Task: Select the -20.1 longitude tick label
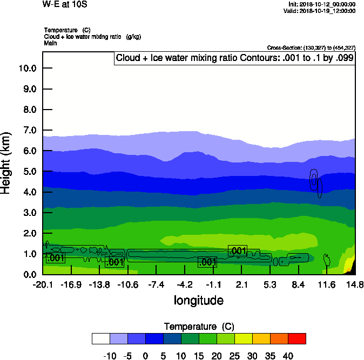[x=43, y=284]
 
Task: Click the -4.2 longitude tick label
[x=185, y=284]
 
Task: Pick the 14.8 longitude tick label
[x=354, y=284]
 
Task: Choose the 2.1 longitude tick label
[x=241, y=284]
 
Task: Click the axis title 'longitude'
[x=198, y=300]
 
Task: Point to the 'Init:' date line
[x=322, y=4]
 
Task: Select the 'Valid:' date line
[x=321, y=11]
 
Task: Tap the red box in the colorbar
[x=296, y=338]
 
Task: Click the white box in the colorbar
[x=100, y=338]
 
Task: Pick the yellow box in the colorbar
[x=243, y=338]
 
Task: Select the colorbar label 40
[x=288, y=356]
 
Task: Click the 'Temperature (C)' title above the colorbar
[x=198, y=327]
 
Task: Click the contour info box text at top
[x=235, y=58]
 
